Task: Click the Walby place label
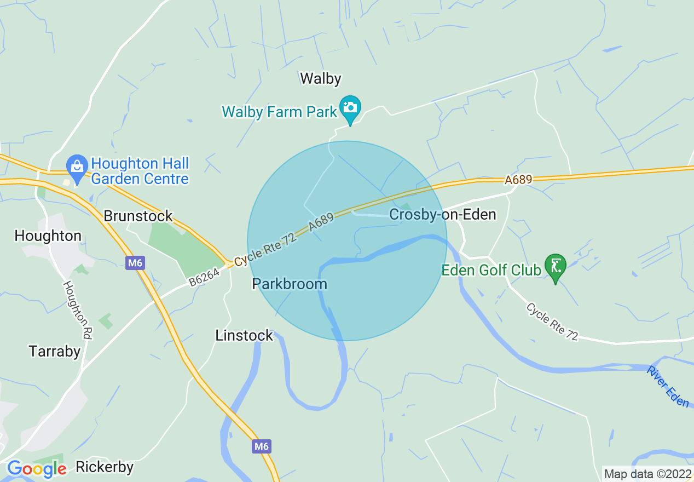click(321, 79)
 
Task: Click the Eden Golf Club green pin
click(556, 267)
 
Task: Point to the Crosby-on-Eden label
click(442, 214)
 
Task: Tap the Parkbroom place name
click(290, 284)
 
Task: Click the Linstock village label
click(244, 335)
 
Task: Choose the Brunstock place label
click(138, 216)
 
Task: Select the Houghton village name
click(48, 236)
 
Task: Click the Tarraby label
click(55, 351)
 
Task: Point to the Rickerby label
click(105, 467)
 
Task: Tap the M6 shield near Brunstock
click(135, 263)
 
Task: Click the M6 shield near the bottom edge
click(262, 446)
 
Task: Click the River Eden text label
click(667, 387)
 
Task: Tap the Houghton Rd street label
click(77, 310)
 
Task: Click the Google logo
click(37, 469)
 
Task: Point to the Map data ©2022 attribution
click(647, 474)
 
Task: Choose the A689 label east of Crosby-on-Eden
click(518, 180)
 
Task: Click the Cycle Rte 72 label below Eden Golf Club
click(552, 322)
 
